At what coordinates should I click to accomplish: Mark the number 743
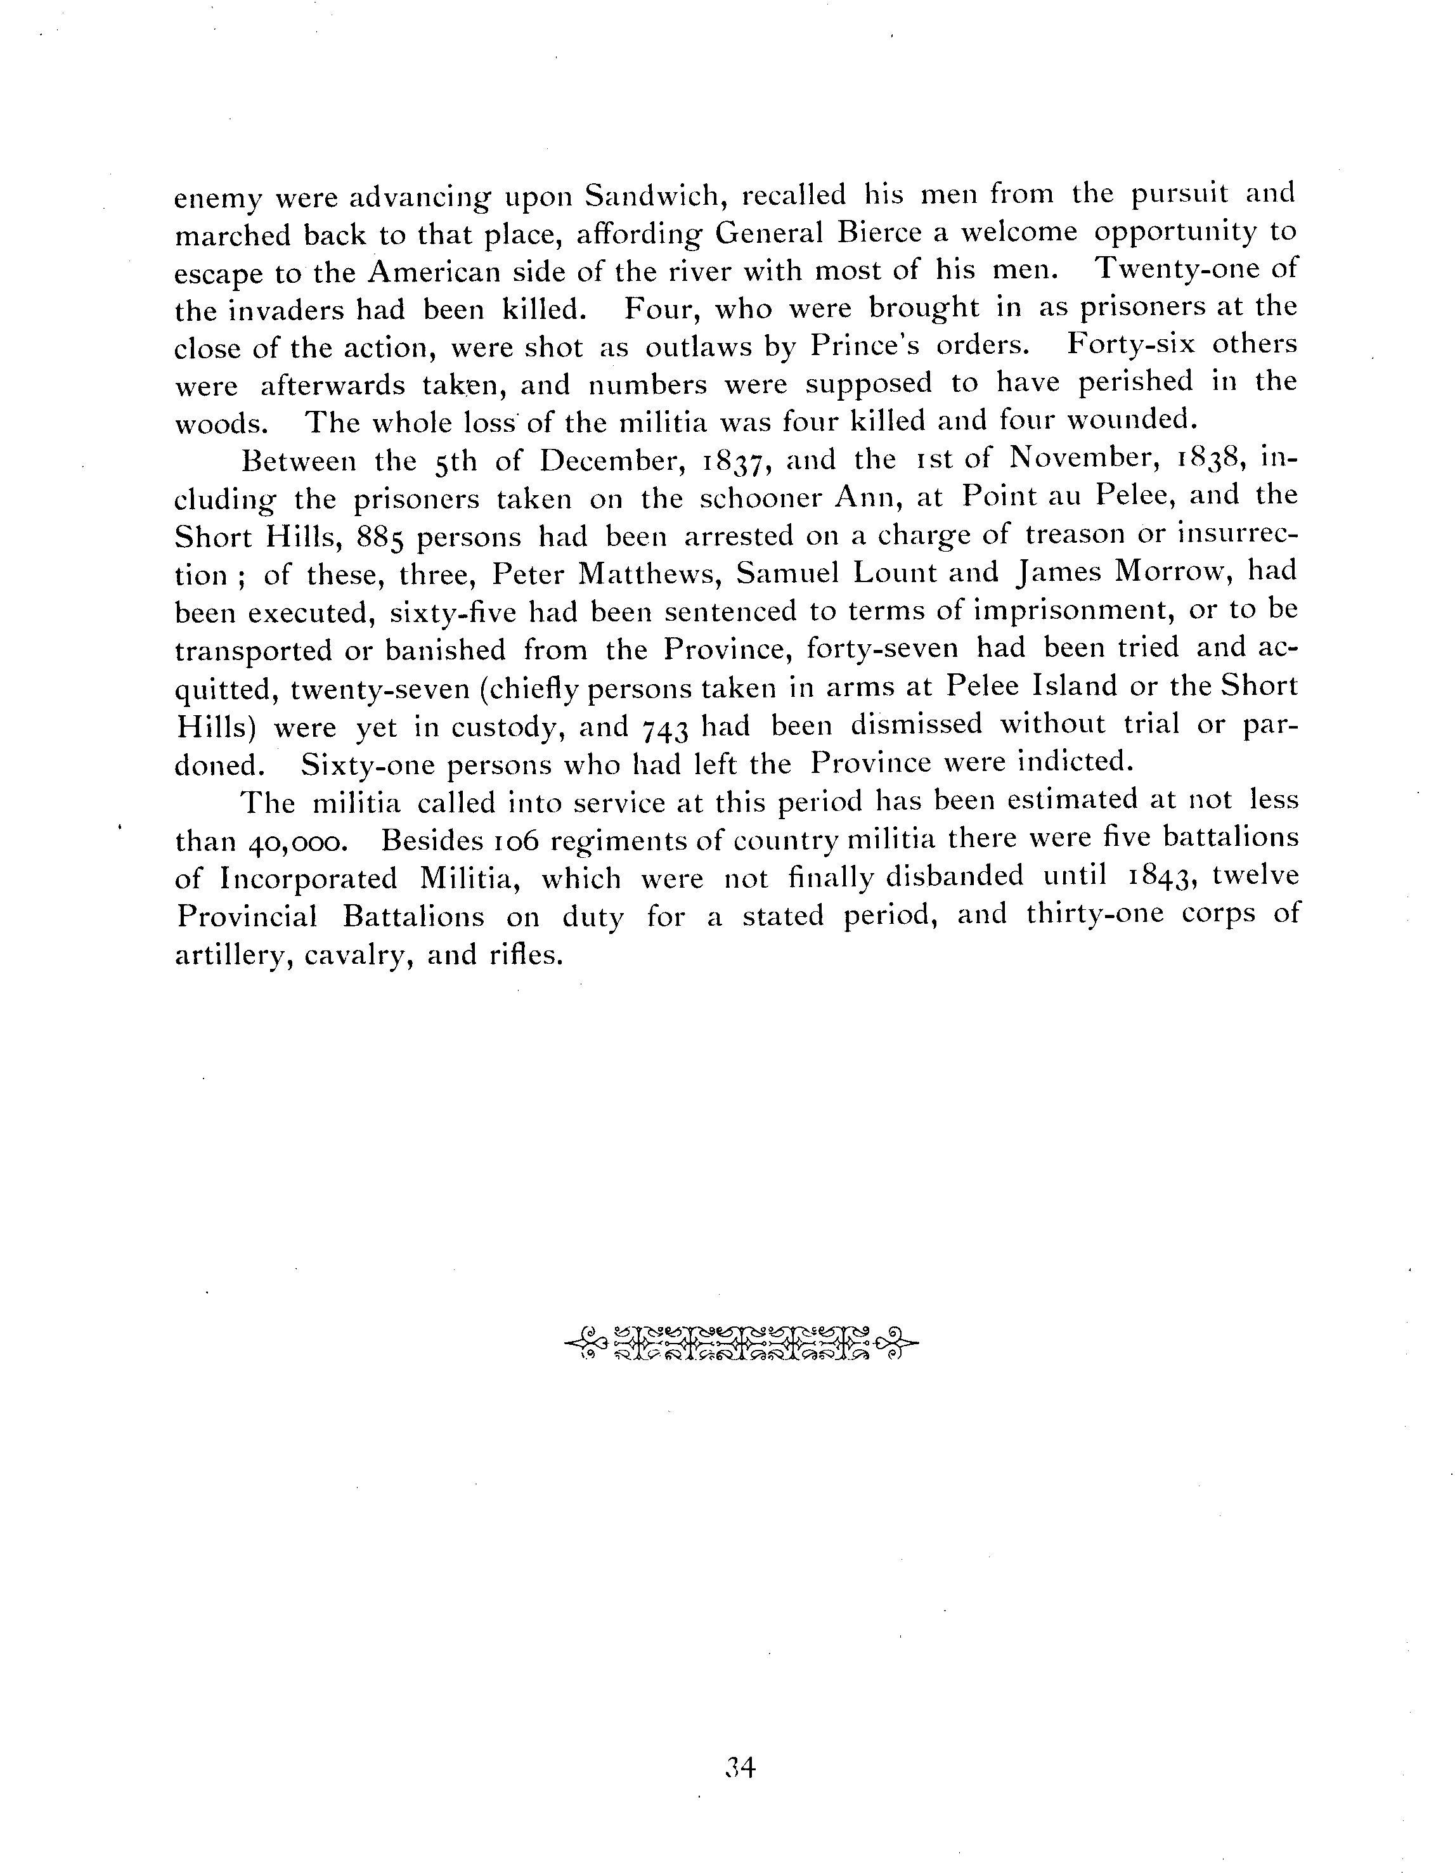coord(664,728)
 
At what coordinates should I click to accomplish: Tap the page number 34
coord(738,1768)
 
